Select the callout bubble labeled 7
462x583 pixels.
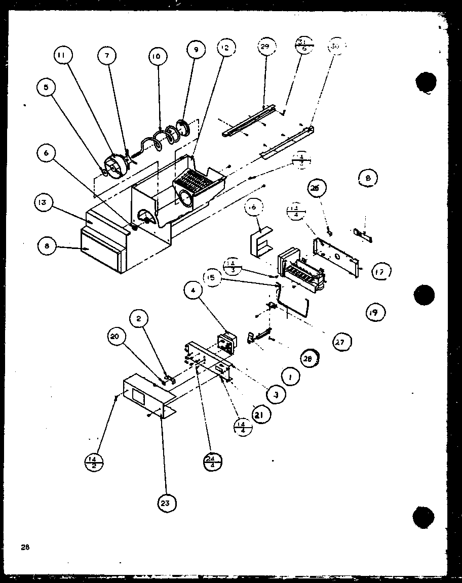(x=107, y=57)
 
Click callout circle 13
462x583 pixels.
(x=43, y=203)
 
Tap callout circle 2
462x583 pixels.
(x=139, y=318)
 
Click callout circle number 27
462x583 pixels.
(x=338, y=343)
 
